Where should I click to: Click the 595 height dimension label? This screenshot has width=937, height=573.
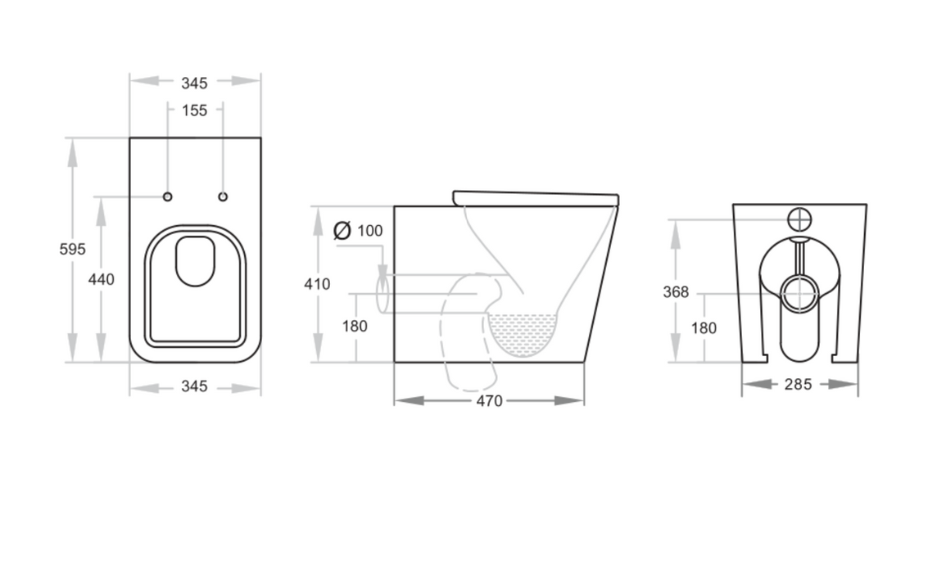[72, 249]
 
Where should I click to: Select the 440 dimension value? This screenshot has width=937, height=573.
[101, 280]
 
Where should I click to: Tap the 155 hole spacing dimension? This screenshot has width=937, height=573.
[194, 111]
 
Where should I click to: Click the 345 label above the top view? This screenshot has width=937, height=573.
[194, 83]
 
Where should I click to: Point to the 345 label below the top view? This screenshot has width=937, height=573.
[194, 386]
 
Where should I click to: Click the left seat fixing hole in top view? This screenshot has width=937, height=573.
[167, 196]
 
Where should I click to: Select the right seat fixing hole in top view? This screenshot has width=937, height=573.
[223, 196]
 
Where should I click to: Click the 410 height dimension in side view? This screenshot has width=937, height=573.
[317, 284]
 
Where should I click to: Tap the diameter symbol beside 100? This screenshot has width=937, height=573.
[342, 230]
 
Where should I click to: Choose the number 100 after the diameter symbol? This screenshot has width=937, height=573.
[370, 231]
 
